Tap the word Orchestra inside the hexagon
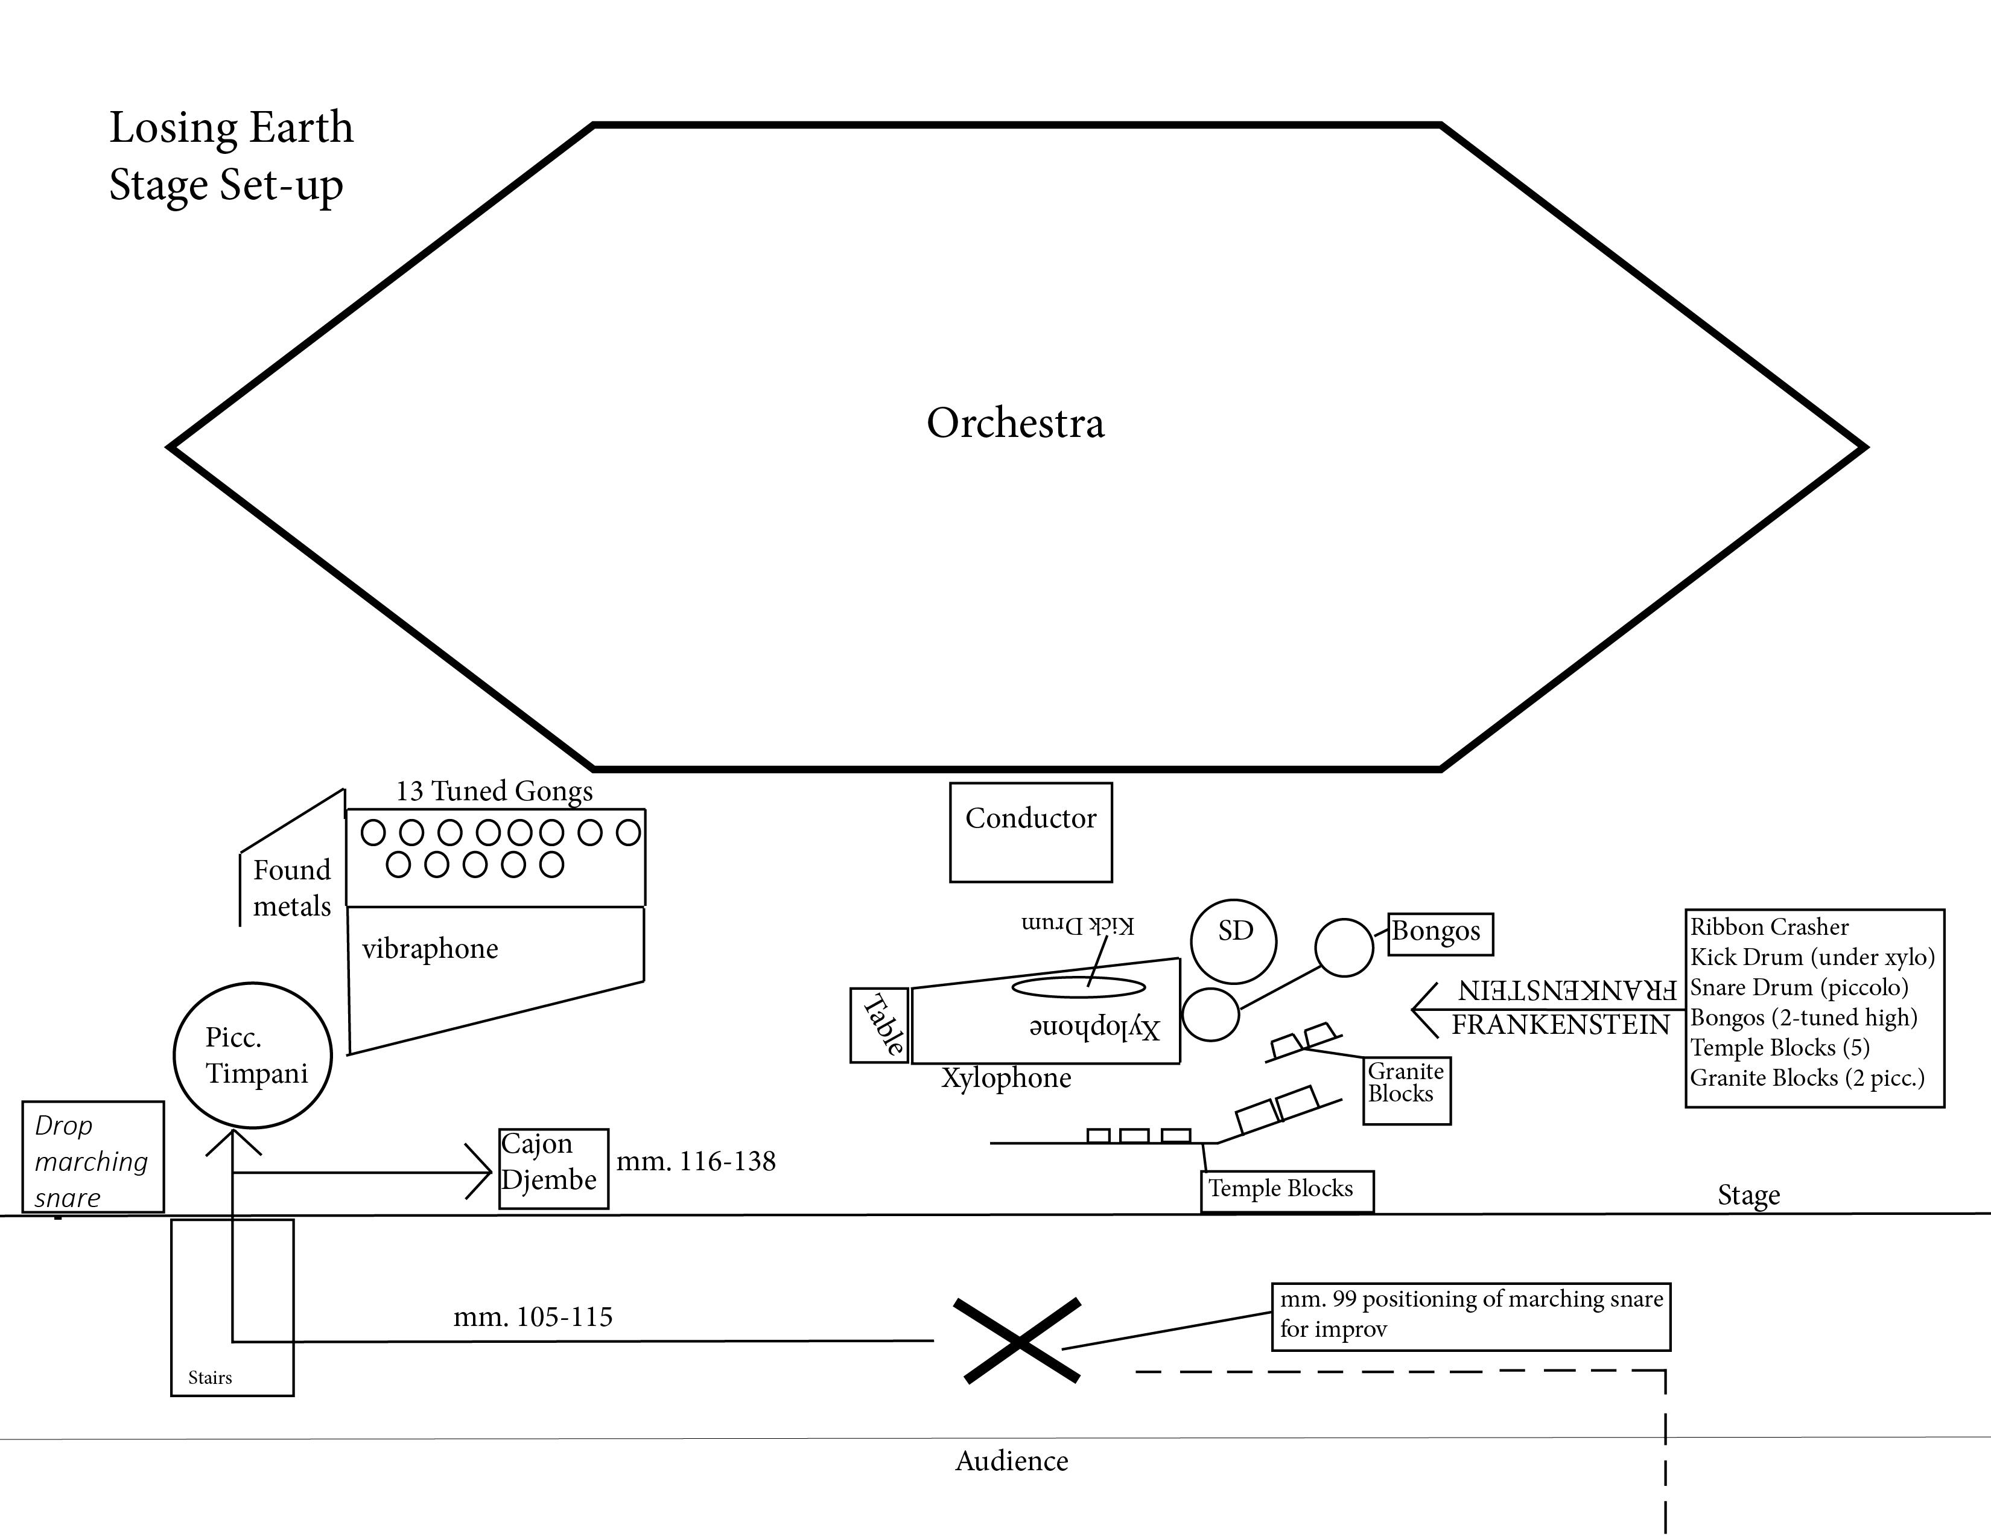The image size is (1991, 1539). point(1015,423)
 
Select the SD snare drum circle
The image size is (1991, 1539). point(1233,940)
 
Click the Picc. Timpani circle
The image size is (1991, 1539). point(253,1055)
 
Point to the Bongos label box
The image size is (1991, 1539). point(1440,934)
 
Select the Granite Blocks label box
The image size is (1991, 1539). point(1406,1089)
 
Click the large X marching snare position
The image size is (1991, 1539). point(1017,1340)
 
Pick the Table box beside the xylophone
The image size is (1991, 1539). point(880,1025)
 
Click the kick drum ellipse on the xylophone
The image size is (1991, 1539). point(1079,987)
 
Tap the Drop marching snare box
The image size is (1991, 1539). point(93,1156)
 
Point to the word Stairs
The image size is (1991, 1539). point(210,1377)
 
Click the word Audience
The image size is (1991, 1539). point(1011,1461)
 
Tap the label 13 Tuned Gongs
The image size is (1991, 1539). point(494,791)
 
